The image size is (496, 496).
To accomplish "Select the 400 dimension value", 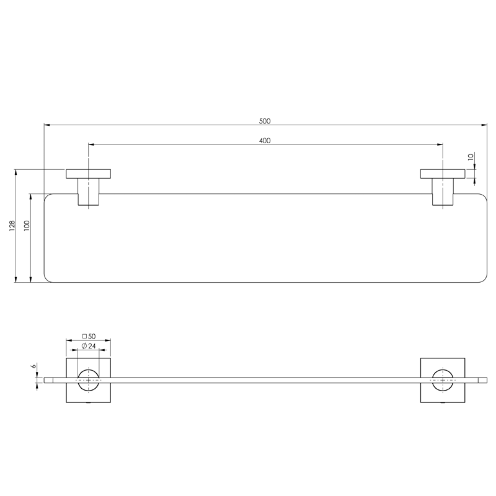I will point(265,141).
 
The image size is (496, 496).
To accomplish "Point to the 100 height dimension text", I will point(27,226).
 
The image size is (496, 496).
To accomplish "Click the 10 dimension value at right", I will point(471,157).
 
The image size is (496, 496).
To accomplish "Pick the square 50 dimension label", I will point(89,335).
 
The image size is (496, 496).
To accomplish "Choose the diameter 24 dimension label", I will point(89,346).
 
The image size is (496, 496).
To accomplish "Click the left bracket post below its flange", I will point(89,192).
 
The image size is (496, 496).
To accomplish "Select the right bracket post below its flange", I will point(443,192).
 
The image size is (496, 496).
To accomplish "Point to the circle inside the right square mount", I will point(443,379).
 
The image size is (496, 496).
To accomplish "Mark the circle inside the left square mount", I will point(89,379).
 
